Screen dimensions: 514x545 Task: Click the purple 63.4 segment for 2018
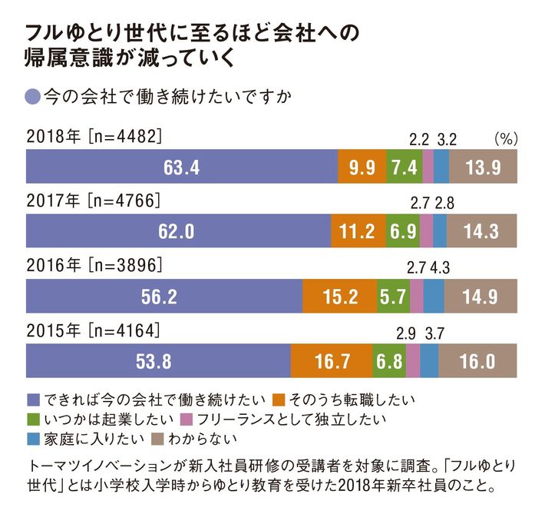182,167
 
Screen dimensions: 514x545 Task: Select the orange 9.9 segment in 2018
362,167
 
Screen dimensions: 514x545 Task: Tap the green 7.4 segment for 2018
404,167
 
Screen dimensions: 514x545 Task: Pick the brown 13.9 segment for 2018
484,167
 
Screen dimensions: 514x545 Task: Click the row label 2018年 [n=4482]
92,138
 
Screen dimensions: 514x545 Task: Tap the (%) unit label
506,138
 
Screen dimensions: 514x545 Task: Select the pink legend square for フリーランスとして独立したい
187,419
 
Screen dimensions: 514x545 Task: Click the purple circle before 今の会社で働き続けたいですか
33,97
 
